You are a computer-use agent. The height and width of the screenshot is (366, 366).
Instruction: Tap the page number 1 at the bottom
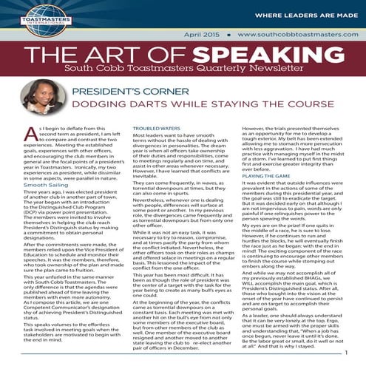(x=345, y=353)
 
